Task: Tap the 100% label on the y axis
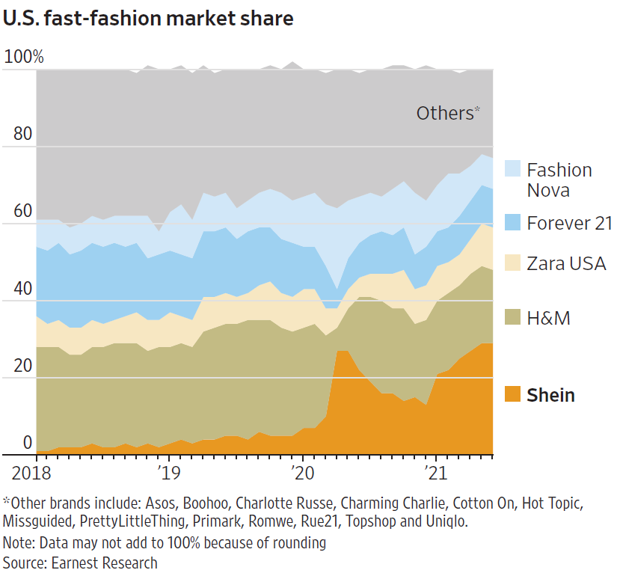[24, 57]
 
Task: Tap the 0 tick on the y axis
[27, 443]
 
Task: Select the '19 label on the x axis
[168, 473]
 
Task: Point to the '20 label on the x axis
[302, 473]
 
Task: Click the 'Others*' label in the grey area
[448, 113]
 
